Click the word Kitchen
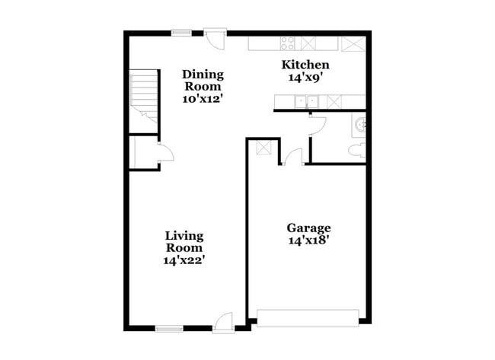pos(305,65)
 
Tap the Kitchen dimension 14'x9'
pos(305,77)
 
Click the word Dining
pos(203,74)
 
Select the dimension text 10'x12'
pos(203,98)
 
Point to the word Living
pos(184,235)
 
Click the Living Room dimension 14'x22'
pos(184,260)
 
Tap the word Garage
pos(308,228)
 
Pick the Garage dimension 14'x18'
pos(308,241)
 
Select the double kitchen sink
pos(308,100)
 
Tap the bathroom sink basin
pos(359,124)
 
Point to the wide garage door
pos(308,317)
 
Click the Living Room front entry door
pos(222,323)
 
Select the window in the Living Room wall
pos(169,329)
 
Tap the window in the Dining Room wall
pos(181,32)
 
